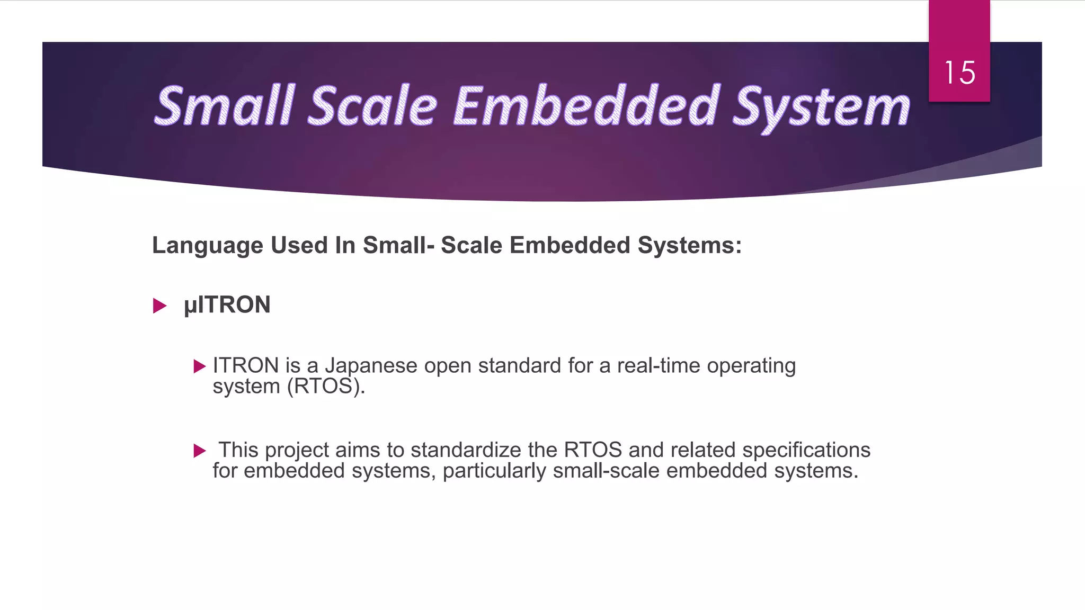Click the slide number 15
[959, 73]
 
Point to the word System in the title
[821, 107]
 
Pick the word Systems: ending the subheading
[689, 246]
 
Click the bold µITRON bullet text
[227, 305]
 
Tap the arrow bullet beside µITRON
[159, 306]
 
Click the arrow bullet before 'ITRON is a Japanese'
[200, 366]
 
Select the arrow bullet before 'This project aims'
[200, 451]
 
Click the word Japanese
[371, 366]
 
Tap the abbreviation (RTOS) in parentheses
[326, 387]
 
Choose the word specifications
[806, 450]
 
